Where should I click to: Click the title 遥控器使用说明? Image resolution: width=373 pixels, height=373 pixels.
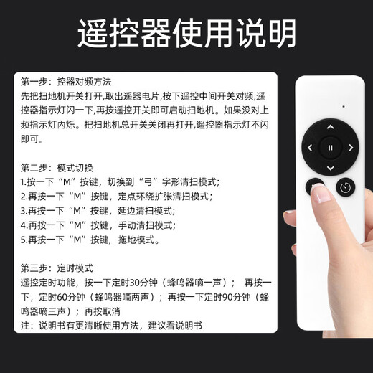pyautogui.click(x=186, y=33)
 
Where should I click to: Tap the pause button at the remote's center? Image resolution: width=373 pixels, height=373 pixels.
pyautogui.click(x=330, y=148)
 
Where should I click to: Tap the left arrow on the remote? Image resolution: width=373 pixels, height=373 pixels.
pyautogui.click(x=310, y=148)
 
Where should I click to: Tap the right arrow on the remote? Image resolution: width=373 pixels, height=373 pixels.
pyautogui.click(x=351, y=148)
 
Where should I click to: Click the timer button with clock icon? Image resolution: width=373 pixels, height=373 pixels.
pyautogui.click(x=345, y=188)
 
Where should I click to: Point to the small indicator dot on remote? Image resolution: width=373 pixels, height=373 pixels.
pyautogui.click(x=342, y=106)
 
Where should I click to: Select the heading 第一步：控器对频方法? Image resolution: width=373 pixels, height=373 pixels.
pyautogui.click(x=66, y=82)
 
